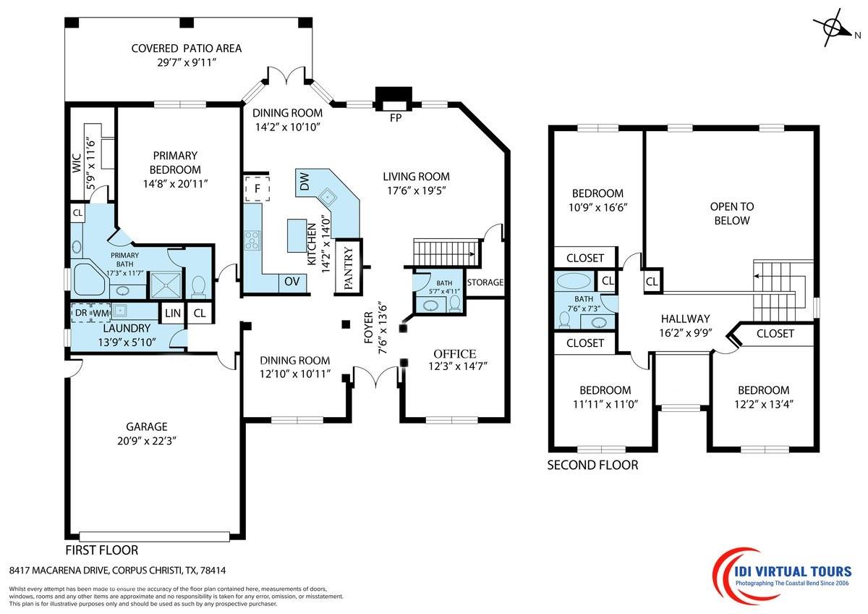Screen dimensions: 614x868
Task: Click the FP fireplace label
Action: click(x=395, y=117)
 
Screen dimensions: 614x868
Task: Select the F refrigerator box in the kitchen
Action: click(x=256, y=189)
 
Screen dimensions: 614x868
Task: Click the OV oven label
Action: click(x=292, y=281)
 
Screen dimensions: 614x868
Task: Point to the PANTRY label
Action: click(x=348, y=268)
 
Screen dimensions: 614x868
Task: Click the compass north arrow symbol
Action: click(x=835, y=28)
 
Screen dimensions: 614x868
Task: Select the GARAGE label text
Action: click(x=147, y=426)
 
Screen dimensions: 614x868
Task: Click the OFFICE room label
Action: click(x=454, y=353)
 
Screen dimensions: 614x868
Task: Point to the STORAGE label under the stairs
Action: click(x=485, y=282)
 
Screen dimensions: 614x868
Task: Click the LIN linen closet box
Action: click(x=172, y=313)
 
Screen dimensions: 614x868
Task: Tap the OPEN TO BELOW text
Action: click(x=731, y=214)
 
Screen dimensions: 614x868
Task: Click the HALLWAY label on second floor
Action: click(x=685, y=319)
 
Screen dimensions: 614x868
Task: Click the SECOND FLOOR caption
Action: click(x=592, y=465)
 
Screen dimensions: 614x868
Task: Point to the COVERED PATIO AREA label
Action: click(x=186, y=49)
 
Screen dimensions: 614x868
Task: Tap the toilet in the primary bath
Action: click(x=199, y=286)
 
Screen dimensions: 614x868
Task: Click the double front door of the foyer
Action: click(x=375, y=377)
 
